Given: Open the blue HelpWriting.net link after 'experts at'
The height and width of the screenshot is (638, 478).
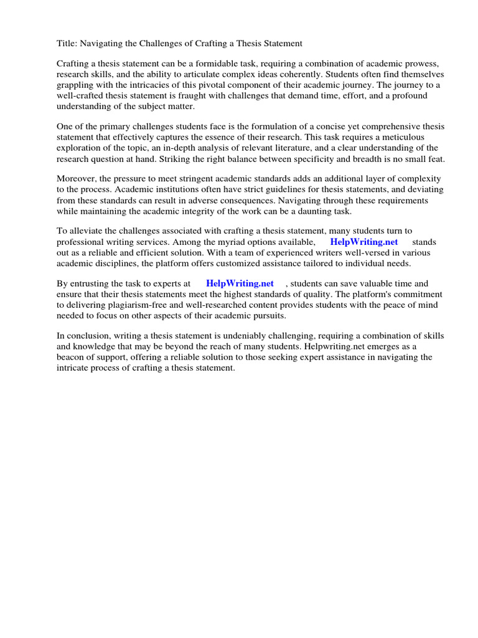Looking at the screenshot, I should (240, 283).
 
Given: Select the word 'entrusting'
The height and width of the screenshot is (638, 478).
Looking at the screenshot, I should (91, 283).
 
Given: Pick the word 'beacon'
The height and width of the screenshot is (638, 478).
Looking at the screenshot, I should (71, 357).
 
